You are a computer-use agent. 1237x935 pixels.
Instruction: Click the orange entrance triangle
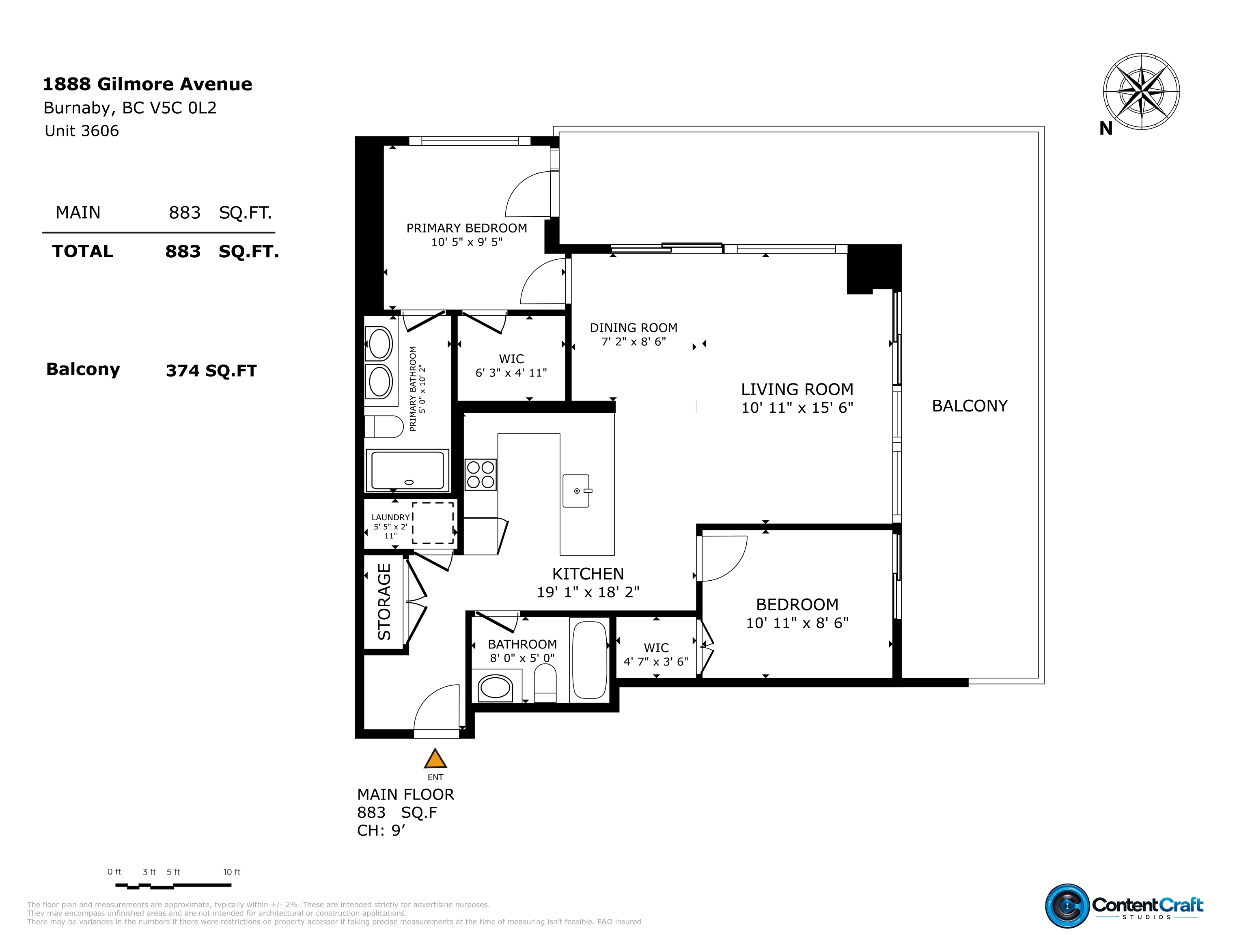pyautogui.click(x=435, y=759)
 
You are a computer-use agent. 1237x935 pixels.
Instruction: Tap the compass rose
pyautogui.click(x=1141, y=92)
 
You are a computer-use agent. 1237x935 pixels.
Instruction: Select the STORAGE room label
pyautogui.click(x=384, y=602)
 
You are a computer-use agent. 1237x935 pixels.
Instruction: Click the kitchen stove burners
pyautogui.click(x=481, y=474)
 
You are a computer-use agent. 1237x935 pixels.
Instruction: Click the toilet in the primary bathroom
pyautogui.click(x=384, y=427)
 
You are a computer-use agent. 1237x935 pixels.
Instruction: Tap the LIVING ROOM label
pyautogui.click(x=797, y=389)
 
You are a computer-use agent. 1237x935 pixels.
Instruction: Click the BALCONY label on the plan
pyautogui.click(x=970, y=405)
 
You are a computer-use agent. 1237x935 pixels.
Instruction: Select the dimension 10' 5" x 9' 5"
pyautogui.click(x=467, y=242)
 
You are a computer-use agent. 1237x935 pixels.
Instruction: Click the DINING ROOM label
pyautogui.click(x=634, y=328)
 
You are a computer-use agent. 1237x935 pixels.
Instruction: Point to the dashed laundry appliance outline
pyautogui.click(x=433, y=522)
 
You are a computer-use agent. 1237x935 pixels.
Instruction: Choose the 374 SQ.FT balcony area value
pyautogui.click(x=211, y=371)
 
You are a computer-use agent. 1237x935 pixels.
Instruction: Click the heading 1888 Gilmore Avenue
pyautogui.click(x=148, y=84)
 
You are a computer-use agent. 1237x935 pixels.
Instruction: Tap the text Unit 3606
pyautogui.click(x=82, y=131)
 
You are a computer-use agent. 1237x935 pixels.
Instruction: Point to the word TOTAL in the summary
pyautogui.click(x=83, y=251)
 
